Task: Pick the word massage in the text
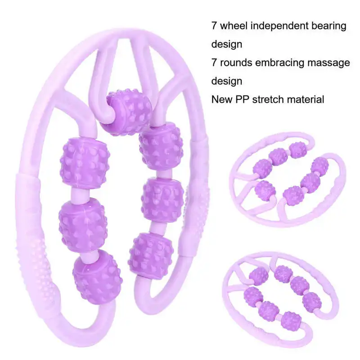[x=329, y=63]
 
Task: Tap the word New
[x=222, y=99]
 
